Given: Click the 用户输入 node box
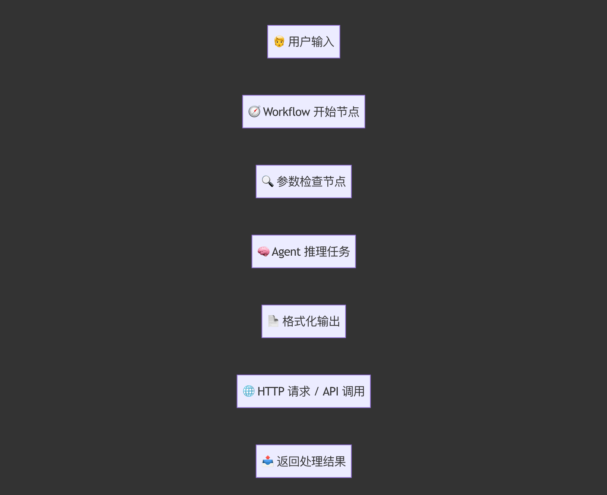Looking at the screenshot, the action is click(303, 42).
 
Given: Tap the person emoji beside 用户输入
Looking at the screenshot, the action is click(279, 41).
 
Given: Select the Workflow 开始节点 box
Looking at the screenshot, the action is click(303, 111).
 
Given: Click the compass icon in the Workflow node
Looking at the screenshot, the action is click(254, 111).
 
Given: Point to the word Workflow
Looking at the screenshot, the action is click(286, 112).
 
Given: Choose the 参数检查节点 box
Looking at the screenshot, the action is click(303, 182).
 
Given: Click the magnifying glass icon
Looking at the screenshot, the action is click(268, 182).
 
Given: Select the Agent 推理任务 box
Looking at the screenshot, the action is click(303, 251).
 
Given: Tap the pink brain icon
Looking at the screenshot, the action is click(263, 252).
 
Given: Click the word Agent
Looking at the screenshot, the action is click(286, 252).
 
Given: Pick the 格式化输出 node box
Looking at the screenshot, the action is click(303, 321).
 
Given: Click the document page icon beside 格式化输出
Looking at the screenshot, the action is click(273, 321).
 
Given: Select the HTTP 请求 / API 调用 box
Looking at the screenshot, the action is click(303, 391).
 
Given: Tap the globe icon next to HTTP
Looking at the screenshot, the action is click(249, 391).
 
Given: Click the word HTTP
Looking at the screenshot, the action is click(271, 391).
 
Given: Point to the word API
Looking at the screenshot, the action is click(331, 391).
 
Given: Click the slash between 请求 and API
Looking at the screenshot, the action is click(317, 391).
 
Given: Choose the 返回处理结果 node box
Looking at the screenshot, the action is click(303, 461).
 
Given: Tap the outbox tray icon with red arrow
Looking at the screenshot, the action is click(268, 461).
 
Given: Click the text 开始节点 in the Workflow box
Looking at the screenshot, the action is click(336, 112).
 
